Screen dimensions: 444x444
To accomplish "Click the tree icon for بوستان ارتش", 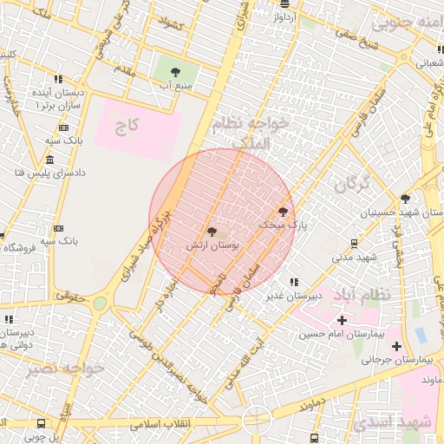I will pos(212,232).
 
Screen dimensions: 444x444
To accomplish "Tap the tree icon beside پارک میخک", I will pos(282,211).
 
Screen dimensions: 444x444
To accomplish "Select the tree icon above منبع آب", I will pos(177,71).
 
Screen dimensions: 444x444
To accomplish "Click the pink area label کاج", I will pos(127,127).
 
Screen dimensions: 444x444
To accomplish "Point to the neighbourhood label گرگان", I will pos(351,183).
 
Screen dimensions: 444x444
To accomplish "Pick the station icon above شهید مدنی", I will pos(354,243).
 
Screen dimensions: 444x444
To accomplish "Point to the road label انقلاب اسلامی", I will pos(161,426).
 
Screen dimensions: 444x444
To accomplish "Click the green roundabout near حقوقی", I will pos(100,303).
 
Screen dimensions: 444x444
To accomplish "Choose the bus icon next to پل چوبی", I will pos(41,423).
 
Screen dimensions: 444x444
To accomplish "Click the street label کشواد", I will pos(171,23).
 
